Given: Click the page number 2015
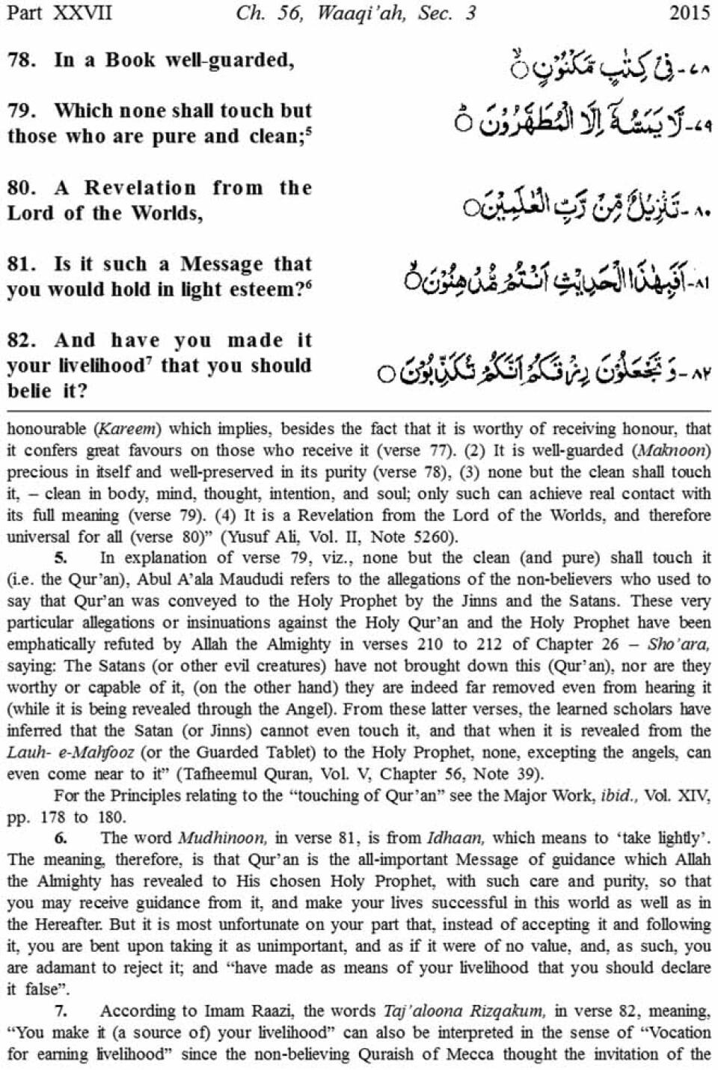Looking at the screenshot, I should tap(690, 13).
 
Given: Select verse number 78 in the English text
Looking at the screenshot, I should tap(22, 60).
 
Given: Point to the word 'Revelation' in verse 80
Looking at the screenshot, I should tap(140, 187).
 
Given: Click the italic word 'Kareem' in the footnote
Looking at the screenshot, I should tap(127, 429).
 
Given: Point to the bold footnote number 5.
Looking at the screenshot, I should tap(61, 558).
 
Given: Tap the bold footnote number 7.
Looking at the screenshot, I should tap(61, 1011).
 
